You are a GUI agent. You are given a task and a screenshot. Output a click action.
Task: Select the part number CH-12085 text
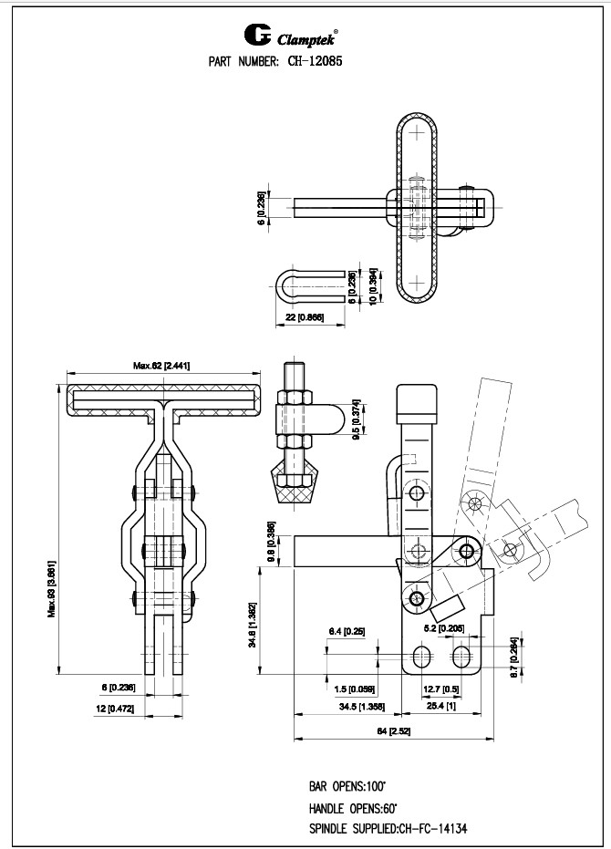(313, 62)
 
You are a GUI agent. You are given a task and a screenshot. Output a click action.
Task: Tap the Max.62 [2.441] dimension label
(161, 366)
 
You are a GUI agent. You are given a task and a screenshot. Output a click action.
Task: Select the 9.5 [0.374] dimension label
(357, 418)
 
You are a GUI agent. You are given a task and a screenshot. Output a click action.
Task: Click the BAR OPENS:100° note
(347, 785)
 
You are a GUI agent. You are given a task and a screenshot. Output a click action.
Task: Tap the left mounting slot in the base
(421, 657)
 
